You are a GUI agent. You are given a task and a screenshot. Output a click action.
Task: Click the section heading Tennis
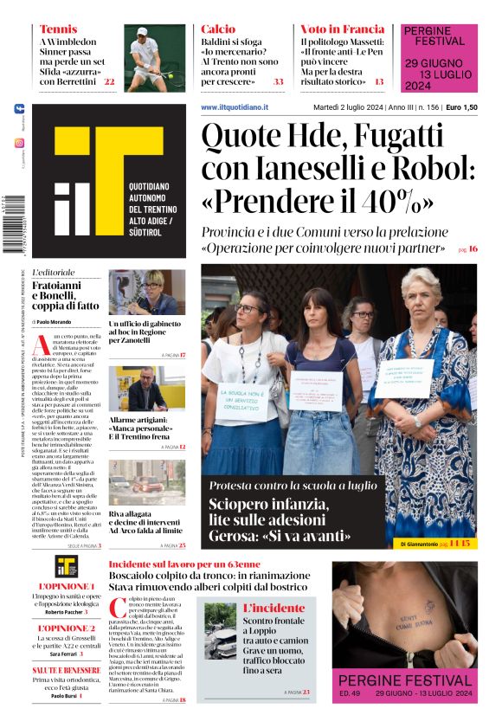58,29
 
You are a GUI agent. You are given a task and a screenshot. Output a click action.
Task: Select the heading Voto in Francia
342,29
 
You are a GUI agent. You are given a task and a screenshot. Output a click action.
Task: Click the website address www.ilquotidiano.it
235,106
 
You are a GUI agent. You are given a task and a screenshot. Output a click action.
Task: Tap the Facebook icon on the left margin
19,109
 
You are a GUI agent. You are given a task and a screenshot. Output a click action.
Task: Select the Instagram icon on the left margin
19,143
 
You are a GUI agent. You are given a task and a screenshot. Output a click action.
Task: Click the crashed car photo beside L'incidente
220,629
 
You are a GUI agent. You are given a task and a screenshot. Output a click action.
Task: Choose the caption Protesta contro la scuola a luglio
293,485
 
